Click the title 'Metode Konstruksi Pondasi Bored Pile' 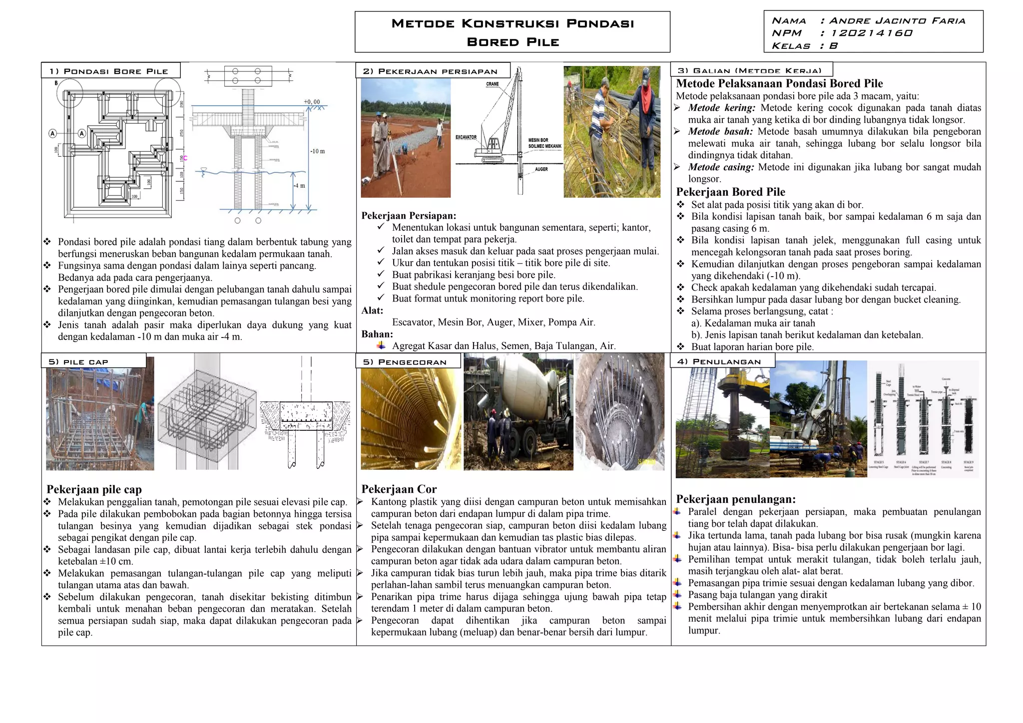[512, 32]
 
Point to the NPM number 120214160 [871, 33]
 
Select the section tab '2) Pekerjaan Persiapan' [430, 71]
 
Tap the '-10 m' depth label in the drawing [318, 151]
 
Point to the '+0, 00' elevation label [312, 102]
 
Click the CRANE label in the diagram [492, 84]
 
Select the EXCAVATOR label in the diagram [466, 137]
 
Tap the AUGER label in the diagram [541, 169]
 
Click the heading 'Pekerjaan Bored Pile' [730, 192]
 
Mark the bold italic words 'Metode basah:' [720, 132]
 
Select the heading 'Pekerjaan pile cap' [94, 489]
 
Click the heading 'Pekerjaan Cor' [399, 489]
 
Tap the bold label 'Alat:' [372, 311]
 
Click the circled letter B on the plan [56, 83]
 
